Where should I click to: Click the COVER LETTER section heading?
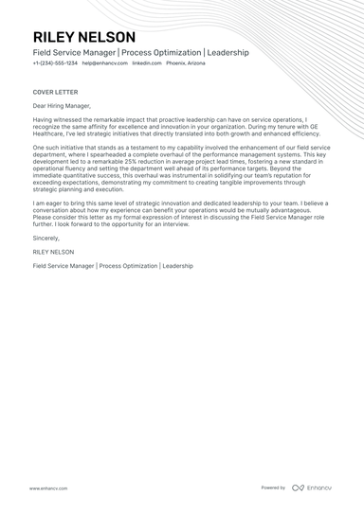tap(56, 92)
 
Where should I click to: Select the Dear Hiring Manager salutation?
tap(62, 105)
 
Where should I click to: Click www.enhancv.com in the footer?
tap(47, 487)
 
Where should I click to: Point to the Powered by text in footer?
tap(273, 487)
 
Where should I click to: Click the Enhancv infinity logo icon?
tap(298, 487)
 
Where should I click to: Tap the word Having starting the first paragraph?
tap(45, 120)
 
